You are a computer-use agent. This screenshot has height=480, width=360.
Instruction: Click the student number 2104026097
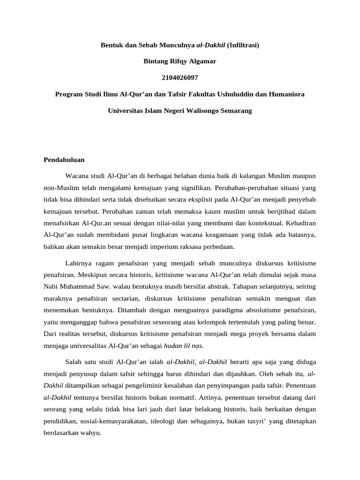pos(180,77)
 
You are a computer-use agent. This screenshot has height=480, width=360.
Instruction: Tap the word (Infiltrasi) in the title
pos(243,45)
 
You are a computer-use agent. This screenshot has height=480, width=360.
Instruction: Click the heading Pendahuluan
pos(64,159)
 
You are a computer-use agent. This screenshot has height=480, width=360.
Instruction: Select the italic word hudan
pos(173,346)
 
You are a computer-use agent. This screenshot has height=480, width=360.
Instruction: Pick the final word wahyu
pos(91,433)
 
